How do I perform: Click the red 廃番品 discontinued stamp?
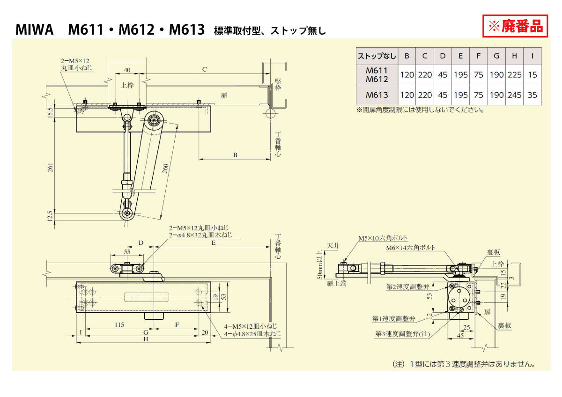515,26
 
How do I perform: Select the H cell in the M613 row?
514,95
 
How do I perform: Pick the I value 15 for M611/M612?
532,74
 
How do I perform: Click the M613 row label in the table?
377,95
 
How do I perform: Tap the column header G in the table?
496,56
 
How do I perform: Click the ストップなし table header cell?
377,56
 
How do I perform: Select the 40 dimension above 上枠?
127,70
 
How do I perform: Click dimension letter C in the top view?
204,70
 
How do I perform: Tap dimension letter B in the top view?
236,154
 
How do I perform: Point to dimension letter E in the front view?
213,243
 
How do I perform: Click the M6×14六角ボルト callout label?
411,248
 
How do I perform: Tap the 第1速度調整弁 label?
394,319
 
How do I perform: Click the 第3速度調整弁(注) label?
402,334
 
